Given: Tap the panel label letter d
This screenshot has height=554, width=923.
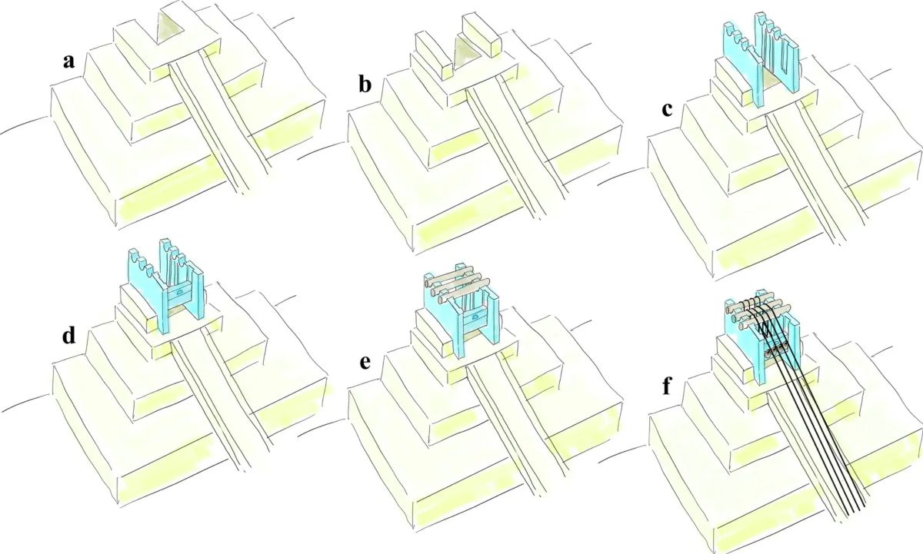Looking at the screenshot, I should (68, 335).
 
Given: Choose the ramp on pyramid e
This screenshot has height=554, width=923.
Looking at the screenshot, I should (515, 430).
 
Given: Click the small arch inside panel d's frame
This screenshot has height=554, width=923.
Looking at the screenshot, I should (182, 293).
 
